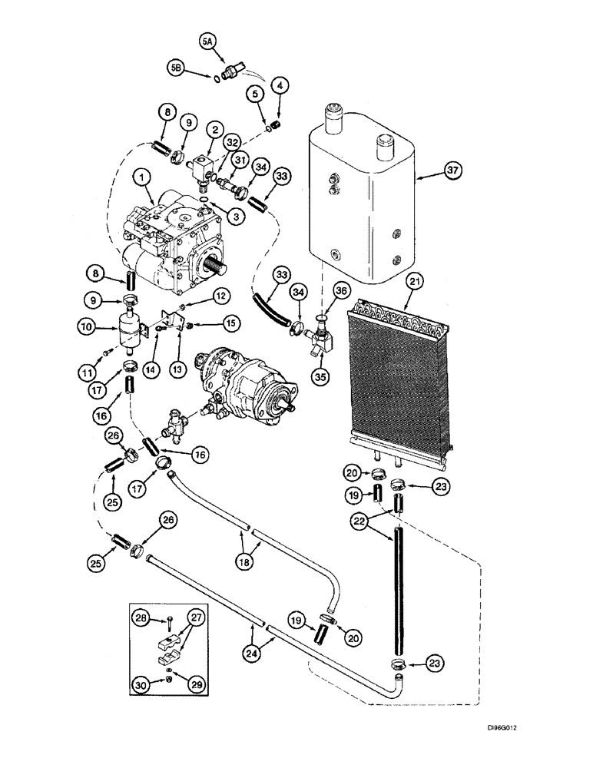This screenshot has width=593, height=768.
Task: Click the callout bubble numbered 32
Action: click(233, 141)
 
